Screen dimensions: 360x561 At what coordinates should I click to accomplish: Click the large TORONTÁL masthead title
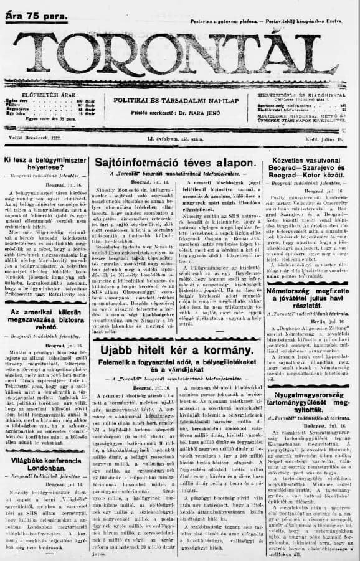pos(181,56)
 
